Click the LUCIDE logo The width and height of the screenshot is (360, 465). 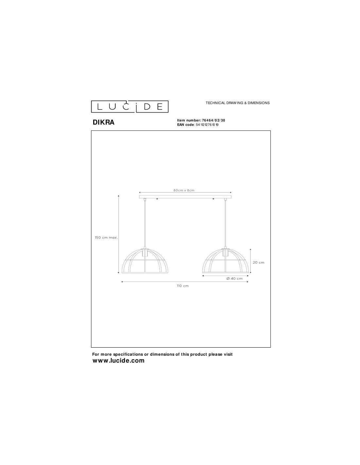tap(130, 106)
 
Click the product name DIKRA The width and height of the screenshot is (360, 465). tap(103, 122)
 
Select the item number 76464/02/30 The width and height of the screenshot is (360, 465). tap(213, 120)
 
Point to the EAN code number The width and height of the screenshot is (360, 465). tap(207, 125)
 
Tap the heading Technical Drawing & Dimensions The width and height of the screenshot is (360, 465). tap(238, 103)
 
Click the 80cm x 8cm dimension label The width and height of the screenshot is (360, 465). tap(184, 190)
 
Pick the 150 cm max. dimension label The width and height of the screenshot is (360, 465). tap(106, 237)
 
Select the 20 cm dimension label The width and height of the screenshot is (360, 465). tap(259, 262)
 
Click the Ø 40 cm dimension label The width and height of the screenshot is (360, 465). tap(234, 279)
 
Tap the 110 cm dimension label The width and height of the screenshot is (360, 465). tap(183, 286)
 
